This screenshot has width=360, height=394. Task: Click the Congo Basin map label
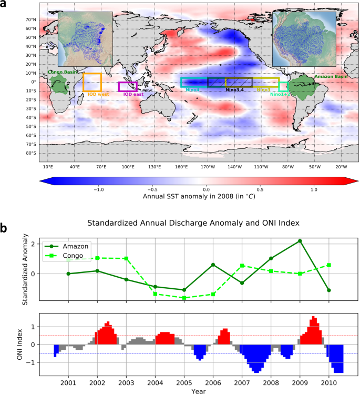[61, 72]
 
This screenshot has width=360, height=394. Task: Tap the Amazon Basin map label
[331, 77]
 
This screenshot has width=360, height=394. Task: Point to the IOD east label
[133, 94]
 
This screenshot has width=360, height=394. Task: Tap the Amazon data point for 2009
[300, 241]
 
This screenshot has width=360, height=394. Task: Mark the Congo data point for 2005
[184, 298]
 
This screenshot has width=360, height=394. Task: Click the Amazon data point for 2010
[329, 290]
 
